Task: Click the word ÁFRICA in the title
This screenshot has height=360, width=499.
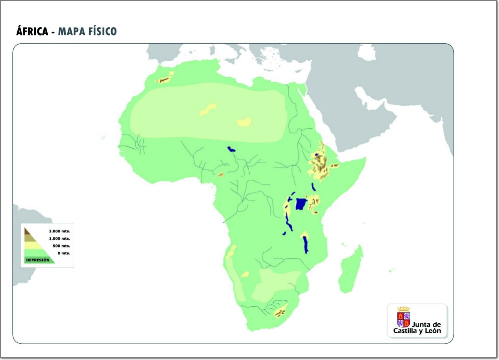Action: (32, 32)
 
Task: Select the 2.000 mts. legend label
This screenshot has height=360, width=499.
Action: (59, 231)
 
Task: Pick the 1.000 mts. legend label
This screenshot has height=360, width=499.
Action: (59, 239)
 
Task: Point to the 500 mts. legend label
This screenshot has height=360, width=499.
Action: (61, 246)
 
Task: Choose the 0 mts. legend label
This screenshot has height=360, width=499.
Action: (63, 253)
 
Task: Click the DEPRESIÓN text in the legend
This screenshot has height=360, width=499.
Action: (38, 260)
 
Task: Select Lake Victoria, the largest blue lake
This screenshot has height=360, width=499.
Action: (301, 204)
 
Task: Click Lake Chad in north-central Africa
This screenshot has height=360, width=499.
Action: (231, 149)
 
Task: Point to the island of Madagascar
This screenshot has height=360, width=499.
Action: (351, 269)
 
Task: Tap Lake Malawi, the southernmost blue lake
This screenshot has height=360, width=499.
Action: (305, 244)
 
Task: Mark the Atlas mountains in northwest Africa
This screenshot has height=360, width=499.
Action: (164, 79)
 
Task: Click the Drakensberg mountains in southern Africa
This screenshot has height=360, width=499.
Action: (281, 311)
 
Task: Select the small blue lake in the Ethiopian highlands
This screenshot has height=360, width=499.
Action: (316, 155)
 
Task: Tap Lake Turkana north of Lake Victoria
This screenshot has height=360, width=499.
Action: (313, 187)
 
